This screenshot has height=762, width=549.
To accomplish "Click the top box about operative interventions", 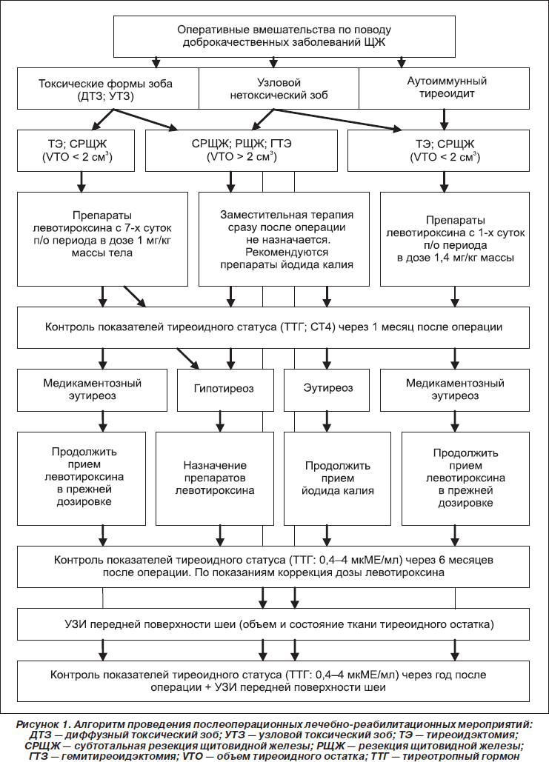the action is (x=285, y=36).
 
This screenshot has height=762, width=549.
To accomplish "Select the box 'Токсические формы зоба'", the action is (x=108, y=88).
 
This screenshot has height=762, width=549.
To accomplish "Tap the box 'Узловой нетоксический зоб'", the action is (x=279, y=88).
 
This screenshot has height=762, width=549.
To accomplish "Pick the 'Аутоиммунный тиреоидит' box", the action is (x=444, y=88).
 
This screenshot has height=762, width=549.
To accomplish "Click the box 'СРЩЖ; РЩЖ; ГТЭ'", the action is (x=242, y=150).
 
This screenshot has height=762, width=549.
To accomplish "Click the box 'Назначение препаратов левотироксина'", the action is (x=214, y=478).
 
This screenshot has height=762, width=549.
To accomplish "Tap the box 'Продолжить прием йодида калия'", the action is (x=337, y=478).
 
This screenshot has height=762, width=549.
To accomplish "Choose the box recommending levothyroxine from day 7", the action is (x=102, y=239).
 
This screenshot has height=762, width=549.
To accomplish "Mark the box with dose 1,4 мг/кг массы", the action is (x=455, y=239).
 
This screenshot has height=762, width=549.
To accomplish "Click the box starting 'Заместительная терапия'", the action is (x=284, y=239).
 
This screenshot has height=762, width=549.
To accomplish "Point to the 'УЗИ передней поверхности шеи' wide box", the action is (x=273, y=624).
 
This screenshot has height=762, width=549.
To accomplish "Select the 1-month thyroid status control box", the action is (x=273, y=327).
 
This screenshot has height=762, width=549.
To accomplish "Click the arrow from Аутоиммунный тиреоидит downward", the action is (x=444, y=119).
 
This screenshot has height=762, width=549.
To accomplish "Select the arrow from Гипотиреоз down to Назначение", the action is (x=220, y=421).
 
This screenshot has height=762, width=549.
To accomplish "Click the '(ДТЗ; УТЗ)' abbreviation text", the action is (x=105, y=96).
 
